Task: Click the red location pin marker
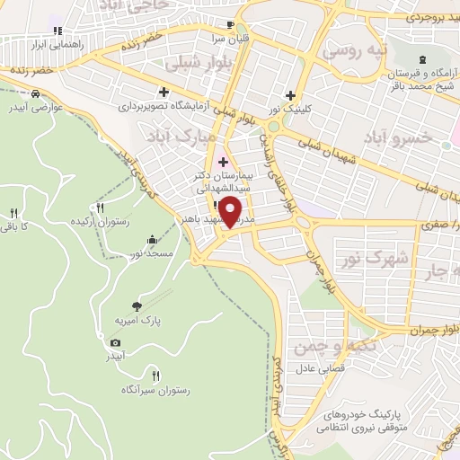(x=231, y=212)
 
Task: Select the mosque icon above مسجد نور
(x=152, y=240)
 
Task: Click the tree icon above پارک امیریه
(x=137, y=305)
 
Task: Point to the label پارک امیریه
(x=136, y=320)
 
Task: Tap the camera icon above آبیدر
(x=116, y=342)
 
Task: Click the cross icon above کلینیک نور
(x=289, y=95)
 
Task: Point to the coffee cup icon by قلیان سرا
(x=230, y=24)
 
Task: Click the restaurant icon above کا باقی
(x=13, y=213)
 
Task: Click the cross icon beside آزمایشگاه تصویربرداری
(x=164, y=91)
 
